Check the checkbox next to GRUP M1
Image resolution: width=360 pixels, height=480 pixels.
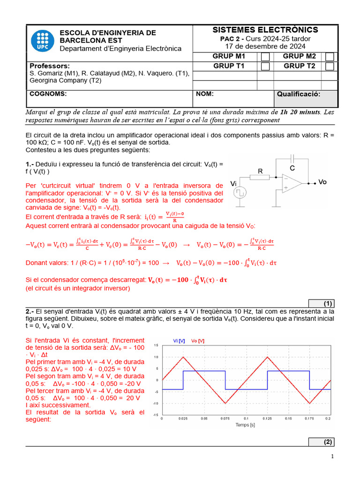265,57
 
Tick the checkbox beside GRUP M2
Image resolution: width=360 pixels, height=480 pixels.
330,57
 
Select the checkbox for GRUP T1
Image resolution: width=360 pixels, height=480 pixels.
265,66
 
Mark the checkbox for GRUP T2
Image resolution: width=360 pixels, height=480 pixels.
330,66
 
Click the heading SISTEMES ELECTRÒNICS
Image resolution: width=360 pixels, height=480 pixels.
265,30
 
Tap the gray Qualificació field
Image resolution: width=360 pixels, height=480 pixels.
305,99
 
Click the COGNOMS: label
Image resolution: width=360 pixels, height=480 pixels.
48,94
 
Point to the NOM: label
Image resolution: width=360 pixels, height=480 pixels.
205,94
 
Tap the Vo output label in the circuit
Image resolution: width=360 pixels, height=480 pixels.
322,182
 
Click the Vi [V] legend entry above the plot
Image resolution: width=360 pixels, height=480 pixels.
179,340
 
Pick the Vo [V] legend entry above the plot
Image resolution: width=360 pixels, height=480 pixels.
197,340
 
